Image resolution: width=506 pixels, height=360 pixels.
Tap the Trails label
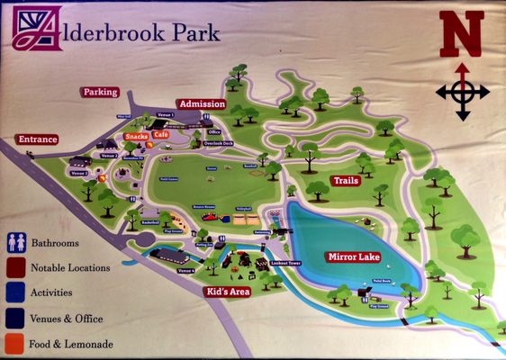click(346, 181)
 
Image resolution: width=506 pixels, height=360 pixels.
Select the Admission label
click(201, 104)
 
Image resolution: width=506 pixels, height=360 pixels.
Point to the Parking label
click(100, 92)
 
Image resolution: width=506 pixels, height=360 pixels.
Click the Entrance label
click(37, 139)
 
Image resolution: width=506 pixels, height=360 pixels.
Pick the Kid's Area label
click(226, 292)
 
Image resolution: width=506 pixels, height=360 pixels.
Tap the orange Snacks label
click(137, 136)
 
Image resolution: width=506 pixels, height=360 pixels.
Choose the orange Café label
click(160, 134)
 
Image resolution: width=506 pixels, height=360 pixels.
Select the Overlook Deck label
click(218, 143)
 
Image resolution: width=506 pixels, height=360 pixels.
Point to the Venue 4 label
click(185, 270)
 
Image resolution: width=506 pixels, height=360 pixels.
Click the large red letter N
click(461, 36)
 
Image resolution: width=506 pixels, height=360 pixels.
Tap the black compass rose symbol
click(462, 92)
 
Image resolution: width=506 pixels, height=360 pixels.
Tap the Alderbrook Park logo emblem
click(38, 29)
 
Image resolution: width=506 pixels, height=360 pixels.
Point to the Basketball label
click(149, 222)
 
